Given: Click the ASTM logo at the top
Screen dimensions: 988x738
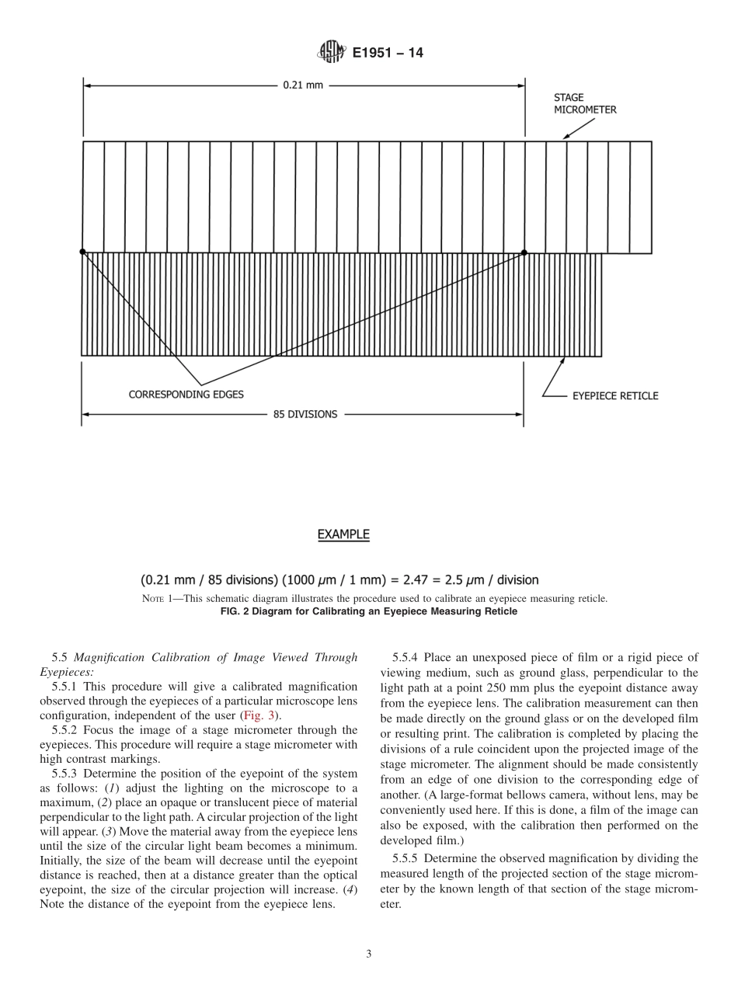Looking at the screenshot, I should [x=330, y=53].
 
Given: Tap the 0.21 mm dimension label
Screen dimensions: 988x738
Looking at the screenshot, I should [x=303, y=85].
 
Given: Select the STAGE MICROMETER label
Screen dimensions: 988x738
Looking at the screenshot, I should [x=584, y=104].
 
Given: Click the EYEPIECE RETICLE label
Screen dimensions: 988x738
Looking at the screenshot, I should [x=614, y=396].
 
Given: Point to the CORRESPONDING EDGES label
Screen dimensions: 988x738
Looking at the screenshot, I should [x=186, y=395].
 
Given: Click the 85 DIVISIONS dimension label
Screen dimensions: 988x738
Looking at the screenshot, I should [x=305, y=415].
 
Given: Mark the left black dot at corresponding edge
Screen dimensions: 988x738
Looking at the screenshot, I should [x=82, y=252].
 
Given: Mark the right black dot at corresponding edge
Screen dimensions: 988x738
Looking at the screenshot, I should [x=524, y=252].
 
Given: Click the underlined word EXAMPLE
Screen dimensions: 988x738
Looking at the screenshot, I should [x=343, y=534].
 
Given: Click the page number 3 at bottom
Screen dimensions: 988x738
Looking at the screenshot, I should [x=369, y=955].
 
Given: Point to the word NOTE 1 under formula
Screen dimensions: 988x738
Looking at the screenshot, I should [x=158, y=599].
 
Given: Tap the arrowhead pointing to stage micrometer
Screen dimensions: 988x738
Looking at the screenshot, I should [x=566, y=137].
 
